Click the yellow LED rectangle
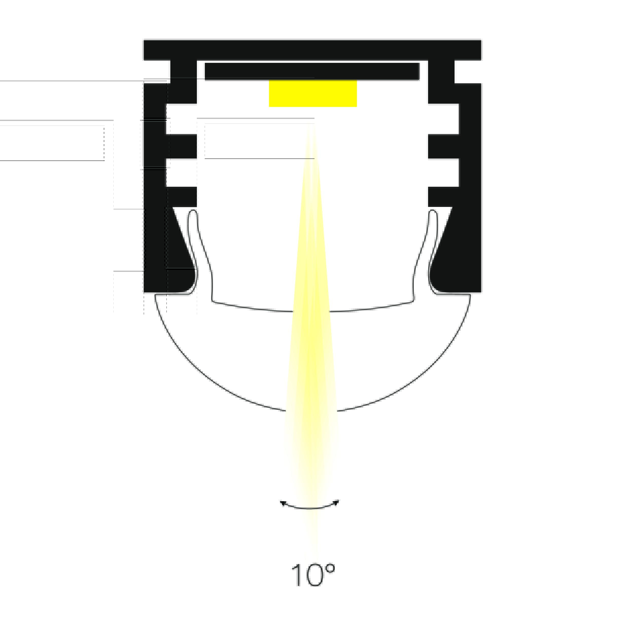313,94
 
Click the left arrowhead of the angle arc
283,503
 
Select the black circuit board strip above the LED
312,71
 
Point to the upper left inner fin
181,146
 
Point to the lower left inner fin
181,197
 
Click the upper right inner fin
443,146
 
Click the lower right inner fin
443,197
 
